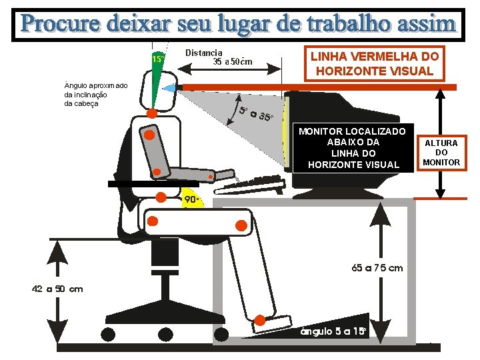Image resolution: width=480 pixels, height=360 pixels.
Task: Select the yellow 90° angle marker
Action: click(191, 199)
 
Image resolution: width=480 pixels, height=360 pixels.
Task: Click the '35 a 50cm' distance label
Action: click(233, 61)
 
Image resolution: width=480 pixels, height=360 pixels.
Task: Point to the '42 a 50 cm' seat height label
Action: click(57, 289)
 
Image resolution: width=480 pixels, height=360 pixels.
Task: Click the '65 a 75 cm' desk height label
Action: click(377, 268)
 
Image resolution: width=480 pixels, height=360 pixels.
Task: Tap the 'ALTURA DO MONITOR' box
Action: click(441, 153)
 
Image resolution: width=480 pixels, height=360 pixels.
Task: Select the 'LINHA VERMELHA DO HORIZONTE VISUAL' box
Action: click(375, 64)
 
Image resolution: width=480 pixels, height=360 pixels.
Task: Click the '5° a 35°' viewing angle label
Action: click(256, 113)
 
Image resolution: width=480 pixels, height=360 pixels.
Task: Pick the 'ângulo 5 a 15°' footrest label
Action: click(333, 331)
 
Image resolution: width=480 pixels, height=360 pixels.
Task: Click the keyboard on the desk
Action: click(250, 185)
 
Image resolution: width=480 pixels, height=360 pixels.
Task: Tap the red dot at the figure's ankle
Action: click(260, 320)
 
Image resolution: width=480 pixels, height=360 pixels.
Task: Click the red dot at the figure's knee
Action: click(241, 225)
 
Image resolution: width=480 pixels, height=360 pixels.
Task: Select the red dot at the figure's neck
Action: click(152, 113)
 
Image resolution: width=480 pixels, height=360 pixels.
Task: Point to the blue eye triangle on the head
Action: click(169, 89)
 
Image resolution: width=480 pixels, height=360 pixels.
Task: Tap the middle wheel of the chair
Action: click(165, 334)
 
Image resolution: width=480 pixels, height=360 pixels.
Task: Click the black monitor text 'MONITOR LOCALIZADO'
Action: click(352, 131)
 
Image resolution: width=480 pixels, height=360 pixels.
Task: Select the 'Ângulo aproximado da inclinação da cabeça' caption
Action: click(96, 94)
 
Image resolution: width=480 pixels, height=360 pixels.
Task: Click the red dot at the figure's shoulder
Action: click(149, 135)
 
